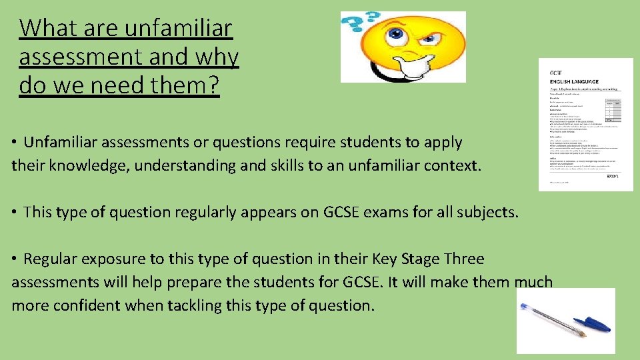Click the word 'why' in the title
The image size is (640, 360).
click(x=216, y=58)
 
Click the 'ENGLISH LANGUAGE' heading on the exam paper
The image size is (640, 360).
click(x=574, y=81)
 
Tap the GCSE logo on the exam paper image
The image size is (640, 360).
click(x=556, y=71)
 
